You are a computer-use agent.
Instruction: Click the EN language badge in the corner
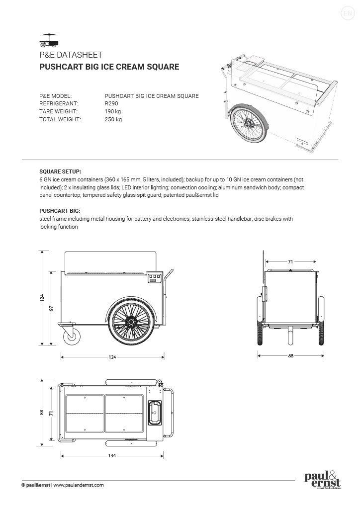pyautogui.click(x=348, y=13)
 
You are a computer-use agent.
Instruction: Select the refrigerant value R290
pyautogui.click(x=111, y=103)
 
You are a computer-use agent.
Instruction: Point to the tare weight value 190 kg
pyautogui.click(x=113, y=111)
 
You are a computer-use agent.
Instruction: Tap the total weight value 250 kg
pyautogui.click(x=113, y=119)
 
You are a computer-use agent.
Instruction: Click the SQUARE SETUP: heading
pyautogui.click(x=60, y=170)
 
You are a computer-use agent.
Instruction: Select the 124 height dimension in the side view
pyautogui.click(x=43, y=298)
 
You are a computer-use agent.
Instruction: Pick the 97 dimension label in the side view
pyautogui.click(x=52, y=308)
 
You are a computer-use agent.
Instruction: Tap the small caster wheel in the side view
pyautogui.click(x=73, y=338)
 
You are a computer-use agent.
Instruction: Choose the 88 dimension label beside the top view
pyautogui.click(x=43, y=413)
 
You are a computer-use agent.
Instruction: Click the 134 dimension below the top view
pyautogui.click(x=112, y=455)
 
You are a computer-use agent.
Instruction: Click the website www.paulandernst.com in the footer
pyautogui.click(x=79, y=485)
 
